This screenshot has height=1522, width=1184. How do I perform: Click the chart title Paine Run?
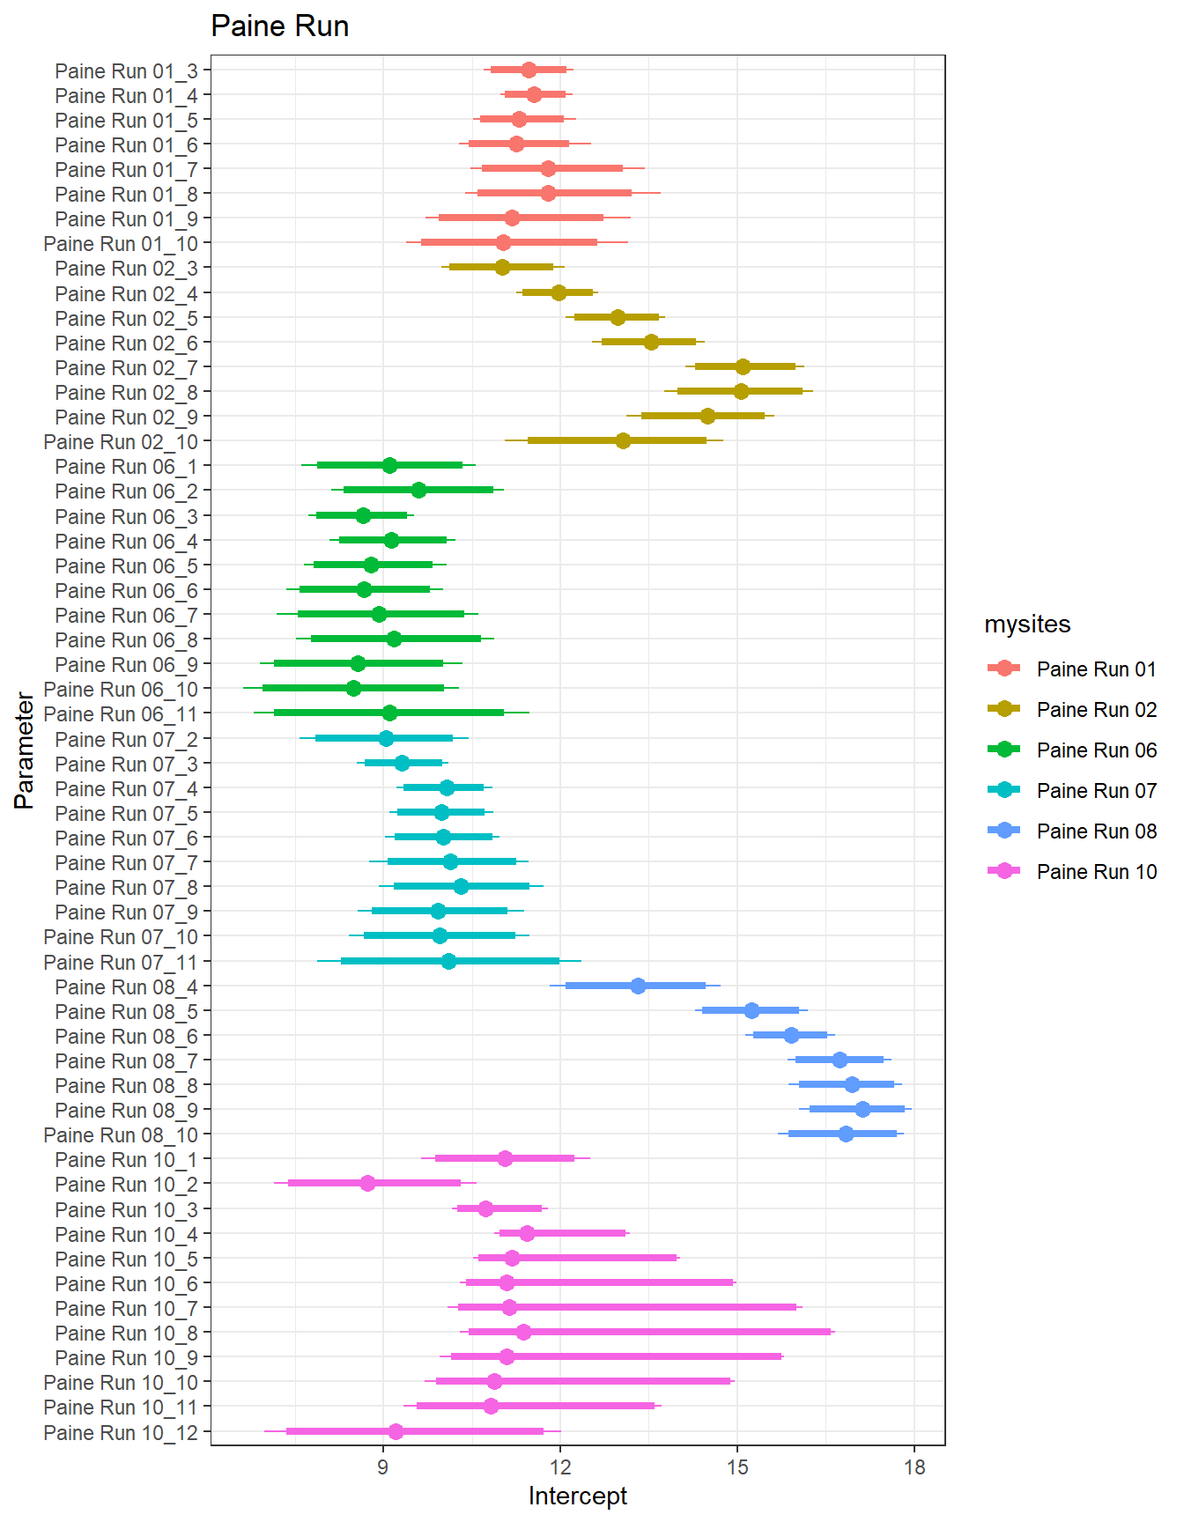[279, 26]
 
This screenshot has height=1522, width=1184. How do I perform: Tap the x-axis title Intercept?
[577, 1496]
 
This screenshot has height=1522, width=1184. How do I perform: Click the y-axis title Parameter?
[25, 750]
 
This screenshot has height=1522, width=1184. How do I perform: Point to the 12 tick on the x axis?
[560, 1467]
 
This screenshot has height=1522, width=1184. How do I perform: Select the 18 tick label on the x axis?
[914, 1467]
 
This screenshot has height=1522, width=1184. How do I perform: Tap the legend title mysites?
[1027, 624]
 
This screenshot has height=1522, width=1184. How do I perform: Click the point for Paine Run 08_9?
[862, 1109]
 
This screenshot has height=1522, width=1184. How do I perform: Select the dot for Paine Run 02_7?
[743, 366]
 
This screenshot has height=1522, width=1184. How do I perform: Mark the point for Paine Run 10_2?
[367, 1183]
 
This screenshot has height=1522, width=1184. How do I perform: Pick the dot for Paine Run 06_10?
[353, 688]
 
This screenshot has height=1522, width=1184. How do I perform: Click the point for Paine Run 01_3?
[529, 70]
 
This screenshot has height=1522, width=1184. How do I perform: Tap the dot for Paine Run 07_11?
[448, 961]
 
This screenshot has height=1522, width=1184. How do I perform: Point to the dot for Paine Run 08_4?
[638, 986]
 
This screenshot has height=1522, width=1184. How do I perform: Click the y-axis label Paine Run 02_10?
[121, 441]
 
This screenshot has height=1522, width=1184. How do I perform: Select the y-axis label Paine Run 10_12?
[121, 1433]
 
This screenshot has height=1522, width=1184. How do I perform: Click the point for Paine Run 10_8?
[523, 1332]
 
